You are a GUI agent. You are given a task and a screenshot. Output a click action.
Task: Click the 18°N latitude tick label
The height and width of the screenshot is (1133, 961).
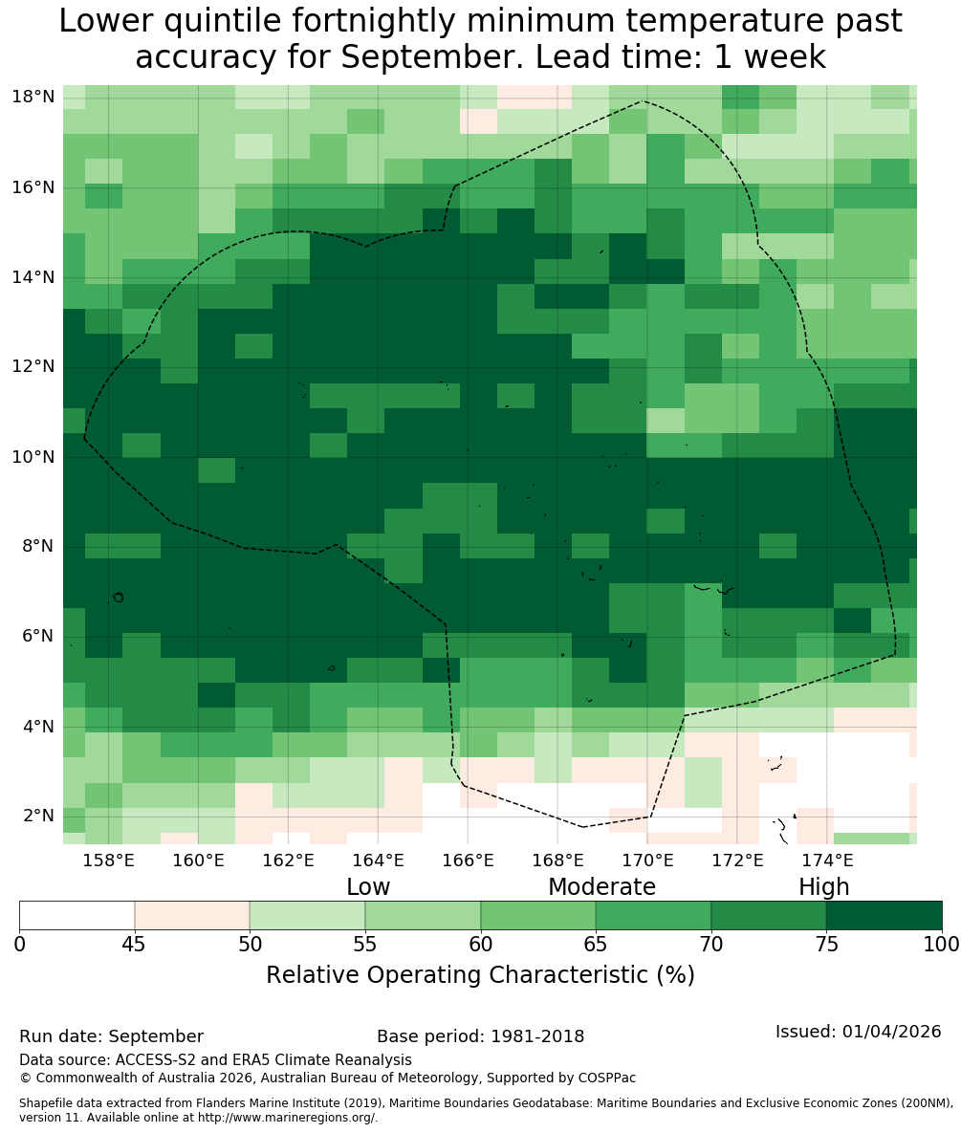(33, 97)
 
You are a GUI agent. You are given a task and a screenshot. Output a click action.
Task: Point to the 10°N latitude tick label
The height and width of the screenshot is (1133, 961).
(33, 457)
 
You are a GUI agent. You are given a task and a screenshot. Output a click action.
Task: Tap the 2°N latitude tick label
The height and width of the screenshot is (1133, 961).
(38, 816)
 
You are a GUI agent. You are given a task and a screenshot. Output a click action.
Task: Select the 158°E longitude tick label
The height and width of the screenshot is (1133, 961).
(108, 861)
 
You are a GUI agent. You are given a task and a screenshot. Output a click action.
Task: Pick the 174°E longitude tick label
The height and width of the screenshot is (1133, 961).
(827, 861)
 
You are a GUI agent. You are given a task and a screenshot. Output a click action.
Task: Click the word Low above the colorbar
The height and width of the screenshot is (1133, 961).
(368, 886)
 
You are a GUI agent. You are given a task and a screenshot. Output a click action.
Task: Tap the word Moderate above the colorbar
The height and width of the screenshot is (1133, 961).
(601, 886)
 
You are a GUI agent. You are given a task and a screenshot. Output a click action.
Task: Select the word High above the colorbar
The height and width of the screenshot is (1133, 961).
(823, 887)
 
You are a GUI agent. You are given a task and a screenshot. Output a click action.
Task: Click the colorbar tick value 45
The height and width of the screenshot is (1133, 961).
(135, 945)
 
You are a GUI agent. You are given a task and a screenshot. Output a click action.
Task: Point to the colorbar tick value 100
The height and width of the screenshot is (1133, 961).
(942, 945)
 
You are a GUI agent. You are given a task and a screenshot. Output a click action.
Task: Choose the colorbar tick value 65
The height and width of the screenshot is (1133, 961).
(596, 945)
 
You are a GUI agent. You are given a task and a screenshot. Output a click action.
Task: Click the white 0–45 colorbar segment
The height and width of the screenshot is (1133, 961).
(77, 916)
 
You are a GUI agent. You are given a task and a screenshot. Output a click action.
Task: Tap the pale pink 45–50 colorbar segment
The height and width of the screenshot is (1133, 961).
(192, 916)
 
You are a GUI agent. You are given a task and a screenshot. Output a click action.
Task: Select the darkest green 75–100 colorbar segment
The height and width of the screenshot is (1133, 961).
(884, 916)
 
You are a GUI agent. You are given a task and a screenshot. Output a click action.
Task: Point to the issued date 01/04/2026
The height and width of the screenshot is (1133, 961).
(891, 1032)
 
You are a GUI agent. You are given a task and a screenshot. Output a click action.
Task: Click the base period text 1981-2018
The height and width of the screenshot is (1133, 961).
(537, 1036)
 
